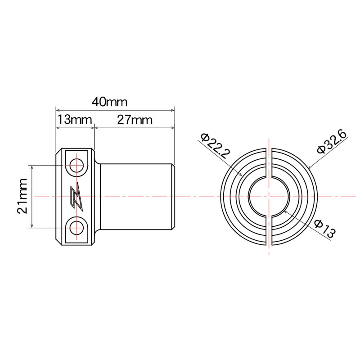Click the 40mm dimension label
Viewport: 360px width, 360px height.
tap(110, 101)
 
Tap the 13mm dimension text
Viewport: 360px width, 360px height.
tap(74, 120)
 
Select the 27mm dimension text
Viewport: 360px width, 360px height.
tap(135, 120)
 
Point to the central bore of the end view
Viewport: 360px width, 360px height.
tap(269, 197)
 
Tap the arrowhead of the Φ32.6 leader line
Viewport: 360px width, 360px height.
tap(310, 168)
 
